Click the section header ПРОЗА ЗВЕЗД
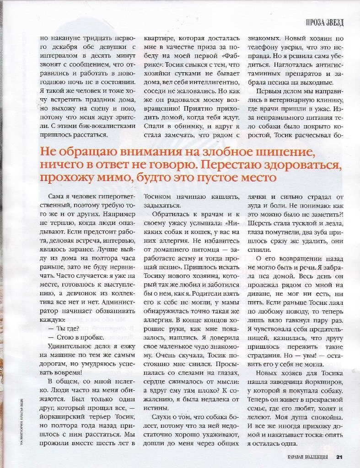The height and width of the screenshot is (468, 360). point(324,22)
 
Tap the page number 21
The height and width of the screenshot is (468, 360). point(339,456)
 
